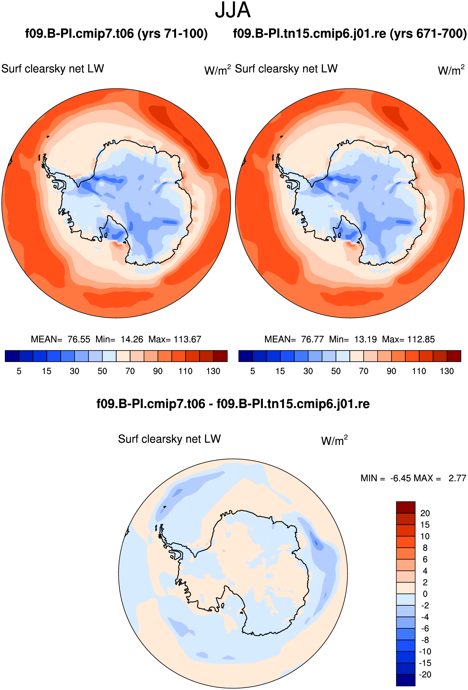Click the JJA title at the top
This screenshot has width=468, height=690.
coord(233,10)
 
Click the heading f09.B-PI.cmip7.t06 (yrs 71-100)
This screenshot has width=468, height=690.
coord(116,34)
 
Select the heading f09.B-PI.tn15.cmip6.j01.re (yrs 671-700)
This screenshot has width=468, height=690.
coord(350,34)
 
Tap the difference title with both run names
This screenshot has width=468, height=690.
coord(233,404)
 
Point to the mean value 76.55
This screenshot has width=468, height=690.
coord(79,339)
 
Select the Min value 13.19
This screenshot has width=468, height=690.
coord(365,339)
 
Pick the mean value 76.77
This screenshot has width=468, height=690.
coord(312,339)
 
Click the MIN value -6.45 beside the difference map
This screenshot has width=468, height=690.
coord(401,478)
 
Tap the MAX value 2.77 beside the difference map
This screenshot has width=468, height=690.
coord(457,478)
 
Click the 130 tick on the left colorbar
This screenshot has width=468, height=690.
coord(213,371)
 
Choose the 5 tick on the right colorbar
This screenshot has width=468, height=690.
coord(253,371)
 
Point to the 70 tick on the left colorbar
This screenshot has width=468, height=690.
coord(130,371)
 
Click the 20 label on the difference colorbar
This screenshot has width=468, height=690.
coord(425,513)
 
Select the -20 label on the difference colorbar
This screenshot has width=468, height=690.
coord(425,675)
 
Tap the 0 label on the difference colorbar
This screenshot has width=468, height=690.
coord(425,594)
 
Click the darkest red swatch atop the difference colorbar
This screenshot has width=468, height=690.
coord(406,507)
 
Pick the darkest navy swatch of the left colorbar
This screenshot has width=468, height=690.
coord(12,356)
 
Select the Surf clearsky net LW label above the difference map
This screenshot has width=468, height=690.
coord(170,439)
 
